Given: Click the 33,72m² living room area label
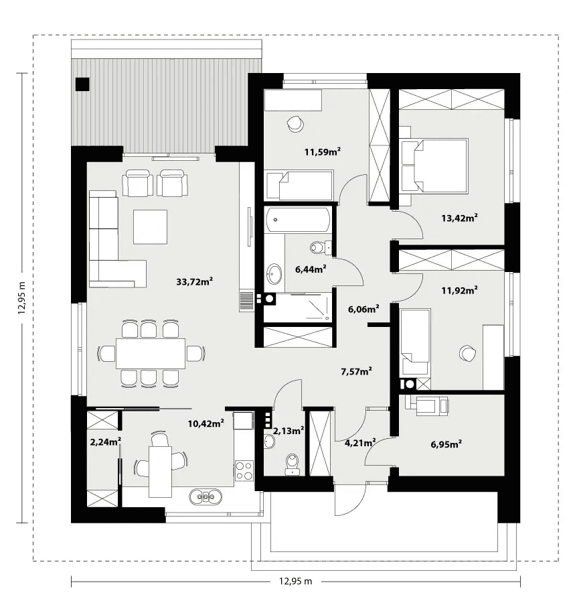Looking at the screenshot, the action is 194,281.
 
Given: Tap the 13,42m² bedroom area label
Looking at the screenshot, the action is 459,218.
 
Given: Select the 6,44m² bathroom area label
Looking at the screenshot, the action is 311,269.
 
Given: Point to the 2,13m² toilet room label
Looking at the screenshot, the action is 289,431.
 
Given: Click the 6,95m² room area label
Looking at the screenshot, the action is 446,444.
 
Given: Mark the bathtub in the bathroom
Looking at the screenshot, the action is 298,220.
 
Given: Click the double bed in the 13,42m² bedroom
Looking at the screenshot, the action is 434,165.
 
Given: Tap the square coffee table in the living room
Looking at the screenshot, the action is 150,226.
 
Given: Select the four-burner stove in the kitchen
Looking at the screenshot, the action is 244,470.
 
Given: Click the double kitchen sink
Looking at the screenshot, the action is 206,496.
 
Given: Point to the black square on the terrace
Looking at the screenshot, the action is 82,84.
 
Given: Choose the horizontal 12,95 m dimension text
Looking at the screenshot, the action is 295,581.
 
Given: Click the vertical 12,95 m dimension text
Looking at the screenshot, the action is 22,297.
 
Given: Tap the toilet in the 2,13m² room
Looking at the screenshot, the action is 293,464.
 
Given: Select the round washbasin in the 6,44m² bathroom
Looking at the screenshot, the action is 274,273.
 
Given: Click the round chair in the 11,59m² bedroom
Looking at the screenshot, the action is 295,123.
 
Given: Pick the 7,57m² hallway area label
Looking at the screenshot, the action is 356,371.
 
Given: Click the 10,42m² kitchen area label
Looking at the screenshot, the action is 206,423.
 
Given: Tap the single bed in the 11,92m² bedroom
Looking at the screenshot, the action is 415,342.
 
